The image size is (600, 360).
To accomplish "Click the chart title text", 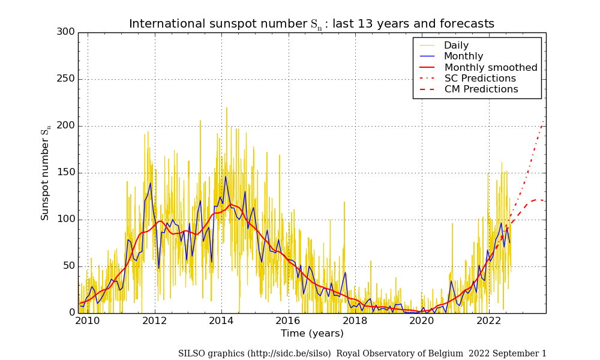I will point(311,24).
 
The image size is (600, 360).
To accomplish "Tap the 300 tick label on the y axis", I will point(65,32).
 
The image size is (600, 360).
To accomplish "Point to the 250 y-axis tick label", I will point(65,79).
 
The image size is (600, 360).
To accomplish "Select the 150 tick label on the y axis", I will point(65,173).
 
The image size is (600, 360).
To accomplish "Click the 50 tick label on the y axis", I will point(68,266).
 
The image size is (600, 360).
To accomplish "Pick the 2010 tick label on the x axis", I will point(88,320).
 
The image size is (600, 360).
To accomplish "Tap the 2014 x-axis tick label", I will point(221,320).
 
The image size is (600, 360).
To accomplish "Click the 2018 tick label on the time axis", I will point(355,320).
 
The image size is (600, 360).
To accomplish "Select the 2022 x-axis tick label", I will point(489,320).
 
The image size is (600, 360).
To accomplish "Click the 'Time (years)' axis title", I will point(312,334).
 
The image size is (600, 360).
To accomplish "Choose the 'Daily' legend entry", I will point(456,46).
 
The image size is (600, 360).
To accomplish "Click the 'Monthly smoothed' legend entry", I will point(491,67).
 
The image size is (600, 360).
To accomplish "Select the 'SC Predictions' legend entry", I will point(480,79).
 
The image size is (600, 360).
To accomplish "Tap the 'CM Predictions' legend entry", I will point(481,89).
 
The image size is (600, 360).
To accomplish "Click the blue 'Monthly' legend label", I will point(463,56).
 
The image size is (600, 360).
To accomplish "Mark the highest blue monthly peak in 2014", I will point(226,176).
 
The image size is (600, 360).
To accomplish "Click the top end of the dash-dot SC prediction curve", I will point(544,121).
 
